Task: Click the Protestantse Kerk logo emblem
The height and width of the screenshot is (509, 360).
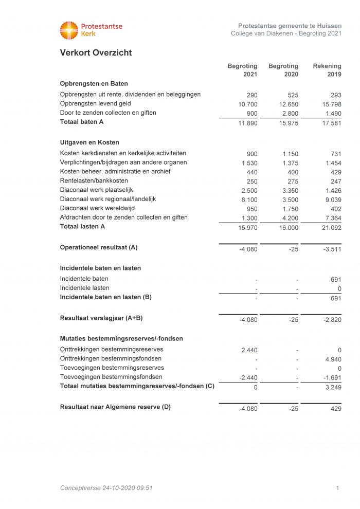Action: click(x=69, y=30)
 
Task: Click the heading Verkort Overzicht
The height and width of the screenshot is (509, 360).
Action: click(x=96, y=52)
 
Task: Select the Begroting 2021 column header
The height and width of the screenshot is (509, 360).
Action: click(x=243, y=70)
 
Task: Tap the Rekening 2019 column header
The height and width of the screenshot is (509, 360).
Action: click(x=327, y=70)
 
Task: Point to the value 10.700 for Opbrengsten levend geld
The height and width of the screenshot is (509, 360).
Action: click(x=248, y=104)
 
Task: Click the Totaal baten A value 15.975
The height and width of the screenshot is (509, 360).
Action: click(x=288, y=123)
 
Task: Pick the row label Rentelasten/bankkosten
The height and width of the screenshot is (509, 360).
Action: click(x=94, y=181)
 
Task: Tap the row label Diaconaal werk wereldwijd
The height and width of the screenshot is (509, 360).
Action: click(x=97, y=208)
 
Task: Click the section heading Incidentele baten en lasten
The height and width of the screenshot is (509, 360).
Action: click(x=100, y=268)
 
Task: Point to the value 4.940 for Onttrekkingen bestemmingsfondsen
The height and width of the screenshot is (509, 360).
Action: click(x=332, y=359)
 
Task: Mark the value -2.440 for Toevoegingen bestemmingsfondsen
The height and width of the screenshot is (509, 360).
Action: click(x=248, y=378)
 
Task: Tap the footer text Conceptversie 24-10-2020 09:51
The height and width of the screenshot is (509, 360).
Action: click(x=106, y=488)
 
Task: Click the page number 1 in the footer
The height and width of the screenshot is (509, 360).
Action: click(x=337, y=488)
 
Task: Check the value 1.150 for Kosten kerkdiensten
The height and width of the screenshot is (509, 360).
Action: click(x=290, y=154)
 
